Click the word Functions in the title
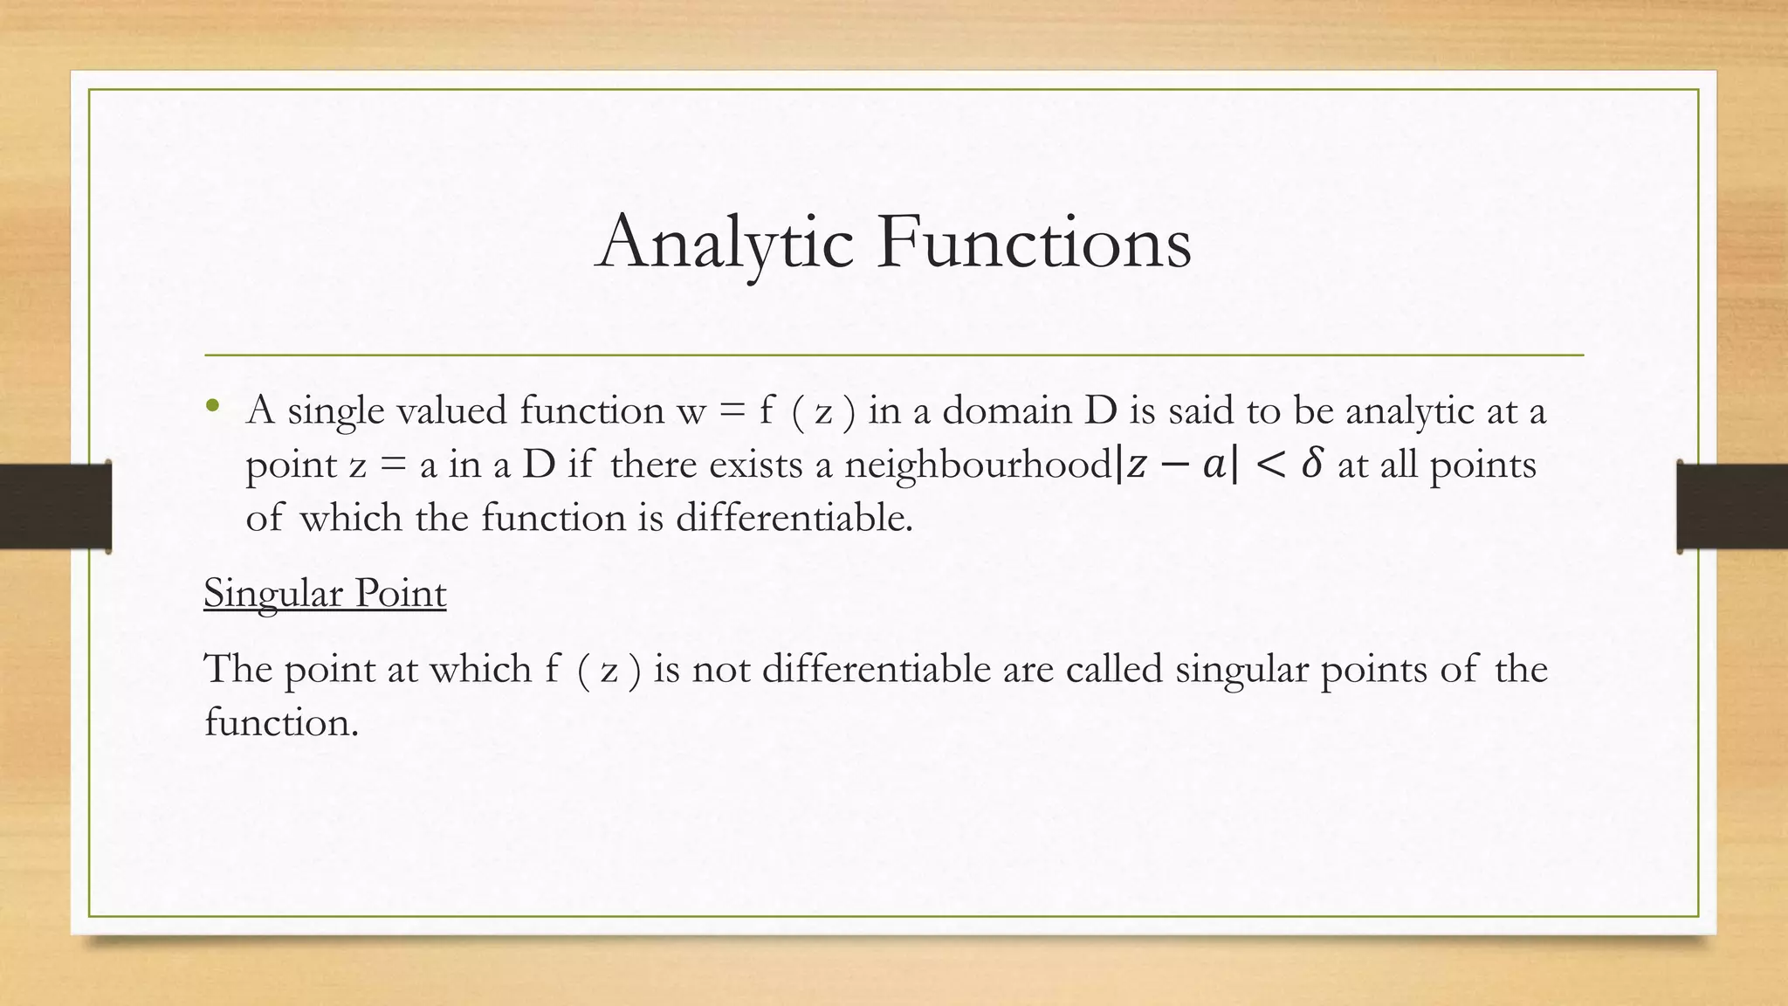pos(1035,242)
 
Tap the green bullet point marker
pos(212,405)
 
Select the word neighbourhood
pos(977,465)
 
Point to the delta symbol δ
pos(1310,465)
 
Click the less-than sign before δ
pos(1269,465)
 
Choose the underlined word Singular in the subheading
pos(263,594)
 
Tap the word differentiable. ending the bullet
pos(794,518)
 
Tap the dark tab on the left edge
pos(55,506)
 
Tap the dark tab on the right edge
pos(1732,506)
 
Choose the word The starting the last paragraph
pos(237,670)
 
